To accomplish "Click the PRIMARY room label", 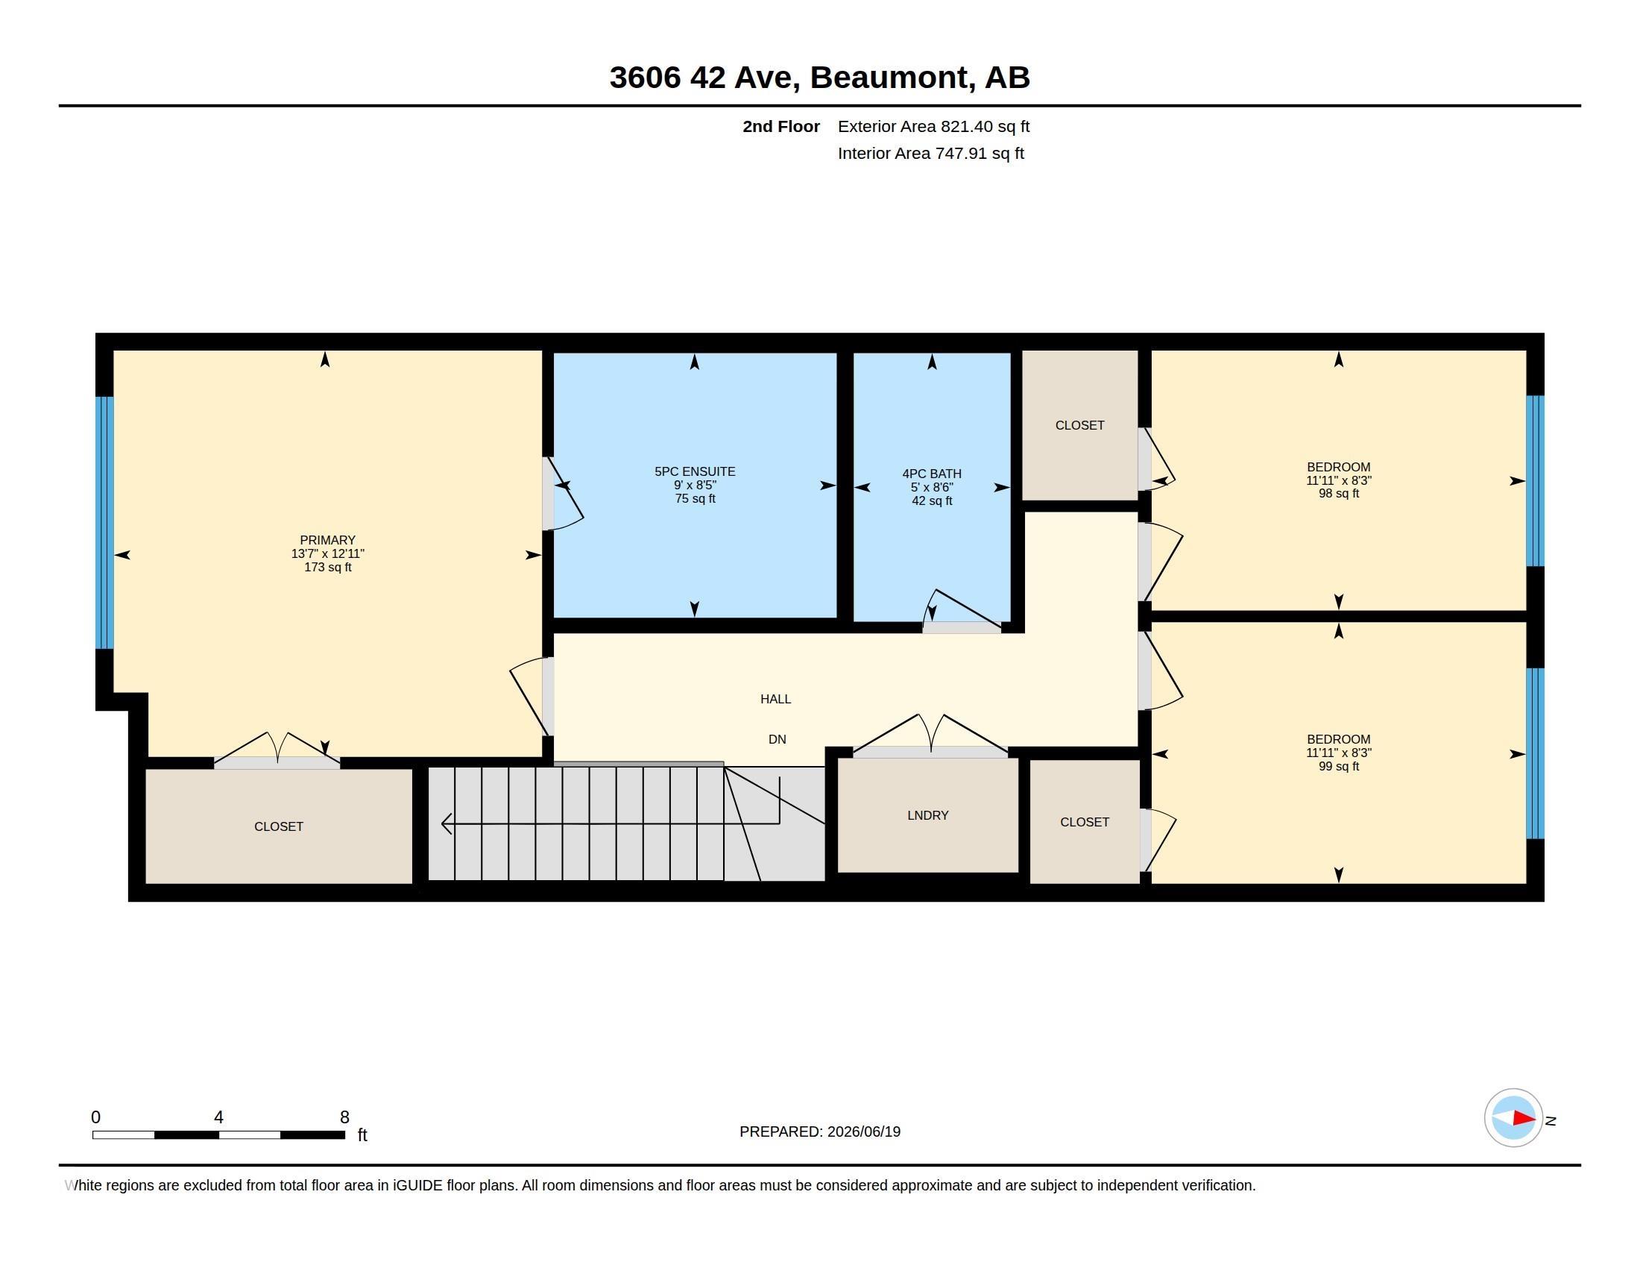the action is (327, 540).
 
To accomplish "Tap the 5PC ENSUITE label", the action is (695, 471).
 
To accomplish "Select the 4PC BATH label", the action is (932, 474).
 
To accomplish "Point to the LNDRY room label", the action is (927, 815).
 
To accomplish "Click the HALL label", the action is (776, 700).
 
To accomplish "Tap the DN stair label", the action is (778, 740).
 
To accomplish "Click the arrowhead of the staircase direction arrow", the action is (446, 824).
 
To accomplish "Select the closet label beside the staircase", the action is (279, 826).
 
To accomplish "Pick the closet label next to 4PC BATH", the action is (1080, 425).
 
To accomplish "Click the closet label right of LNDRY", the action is (1085, 823).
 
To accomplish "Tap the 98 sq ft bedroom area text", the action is (1339, 494).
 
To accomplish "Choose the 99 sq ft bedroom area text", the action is (1339, 766).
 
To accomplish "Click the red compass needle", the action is (1524, 1118).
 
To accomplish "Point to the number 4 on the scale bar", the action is (218, 1117).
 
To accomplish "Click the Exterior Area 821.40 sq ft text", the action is (933, 126).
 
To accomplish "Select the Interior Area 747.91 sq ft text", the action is (931, 153).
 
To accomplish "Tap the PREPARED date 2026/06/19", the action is (863, 1132).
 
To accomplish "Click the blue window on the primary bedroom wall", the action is (104, 522).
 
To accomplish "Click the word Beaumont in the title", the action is (889, 78).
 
